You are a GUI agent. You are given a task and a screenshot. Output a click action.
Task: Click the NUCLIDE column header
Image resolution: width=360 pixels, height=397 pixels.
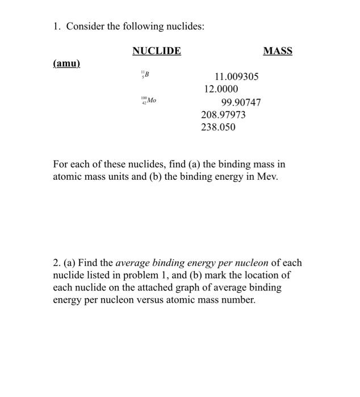pos(157,51)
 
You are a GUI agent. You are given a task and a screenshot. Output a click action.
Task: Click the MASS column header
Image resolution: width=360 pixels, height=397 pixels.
pos(278,51)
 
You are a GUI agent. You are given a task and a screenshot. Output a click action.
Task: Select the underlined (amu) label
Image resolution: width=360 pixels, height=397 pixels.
pos(66,64)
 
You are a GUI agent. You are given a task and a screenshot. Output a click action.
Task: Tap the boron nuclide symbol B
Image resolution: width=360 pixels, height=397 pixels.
pos(146,74)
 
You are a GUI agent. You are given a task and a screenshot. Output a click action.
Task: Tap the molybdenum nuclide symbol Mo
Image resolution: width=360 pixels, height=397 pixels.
pos(150,101)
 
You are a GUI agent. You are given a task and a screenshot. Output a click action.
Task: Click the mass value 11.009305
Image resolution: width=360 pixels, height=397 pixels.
pos(236,77)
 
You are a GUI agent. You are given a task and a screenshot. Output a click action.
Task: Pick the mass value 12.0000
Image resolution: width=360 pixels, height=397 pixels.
pos(221,89)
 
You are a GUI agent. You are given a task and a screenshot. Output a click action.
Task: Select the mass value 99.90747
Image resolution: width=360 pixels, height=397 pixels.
pos(241,102)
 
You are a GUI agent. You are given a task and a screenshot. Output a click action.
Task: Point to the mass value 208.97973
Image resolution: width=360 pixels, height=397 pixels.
pos(224,115)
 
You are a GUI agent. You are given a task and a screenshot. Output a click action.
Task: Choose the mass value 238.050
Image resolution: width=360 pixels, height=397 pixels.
pos(218,127)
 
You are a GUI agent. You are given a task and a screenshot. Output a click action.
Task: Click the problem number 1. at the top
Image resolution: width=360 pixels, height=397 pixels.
pos(57,27)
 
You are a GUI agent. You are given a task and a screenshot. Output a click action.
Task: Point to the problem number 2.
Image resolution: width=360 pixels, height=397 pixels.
pos(57,263)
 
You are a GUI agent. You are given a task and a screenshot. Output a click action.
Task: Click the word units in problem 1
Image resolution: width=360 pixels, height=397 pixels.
pos(132,176)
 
